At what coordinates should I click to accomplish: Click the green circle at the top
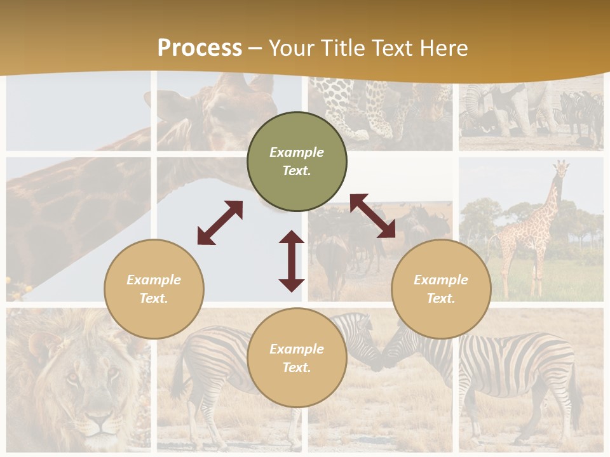(297, 161)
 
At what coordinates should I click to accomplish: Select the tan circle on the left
(154, 289)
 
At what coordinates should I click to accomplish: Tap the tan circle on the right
(441, 289)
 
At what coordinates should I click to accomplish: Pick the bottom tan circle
(297, 358)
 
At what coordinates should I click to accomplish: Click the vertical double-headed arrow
(292, 261)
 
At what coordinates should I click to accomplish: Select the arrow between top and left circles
(220, 223)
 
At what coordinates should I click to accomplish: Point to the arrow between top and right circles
(372, 216)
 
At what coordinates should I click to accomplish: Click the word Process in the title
(200, 48)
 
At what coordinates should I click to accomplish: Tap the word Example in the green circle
(297, 152)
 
